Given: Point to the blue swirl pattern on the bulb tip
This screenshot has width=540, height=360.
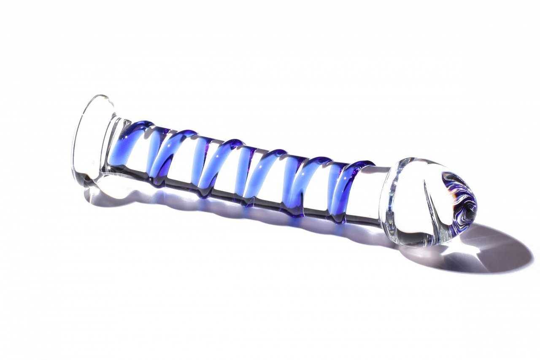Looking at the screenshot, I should click(x=460, y=198).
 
